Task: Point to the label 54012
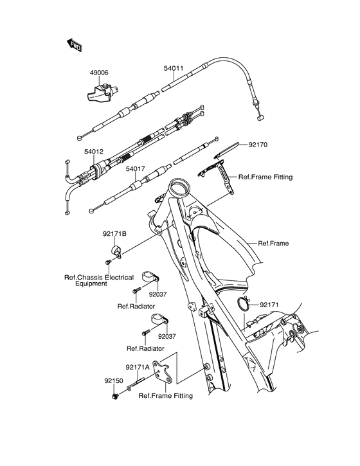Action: coord(75,152)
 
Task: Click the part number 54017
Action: coord(136,170)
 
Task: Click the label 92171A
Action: coord(137,367)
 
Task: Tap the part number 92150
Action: coord(113,380)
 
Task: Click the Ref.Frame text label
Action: coord(273,244)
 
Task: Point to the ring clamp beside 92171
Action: coord(245,304)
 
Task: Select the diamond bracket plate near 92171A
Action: coord(168,373)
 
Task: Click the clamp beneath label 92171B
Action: coord(117,251)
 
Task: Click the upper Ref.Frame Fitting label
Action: coord(265,177)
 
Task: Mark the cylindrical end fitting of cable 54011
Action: coord(260,118)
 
